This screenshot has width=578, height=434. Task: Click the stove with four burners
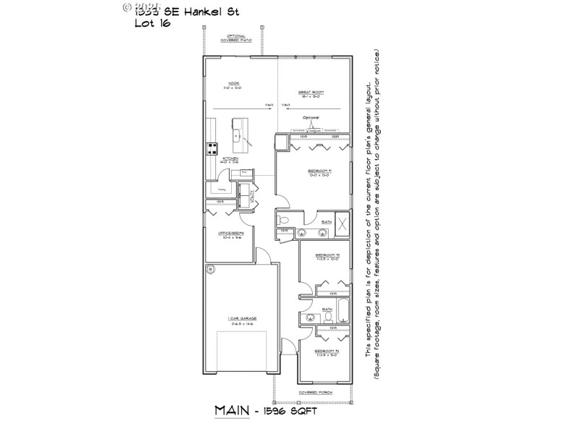pos(213,149)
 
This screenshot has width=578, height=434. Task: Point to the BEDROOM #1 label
pos(320,171)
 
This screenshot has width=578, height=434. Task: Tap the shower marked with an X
pos(342,223)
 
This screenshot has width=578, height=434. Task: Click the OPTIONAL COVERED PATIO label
pos(236,38)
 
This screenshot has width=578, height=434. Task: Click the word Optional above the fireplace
pos(311,117)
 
